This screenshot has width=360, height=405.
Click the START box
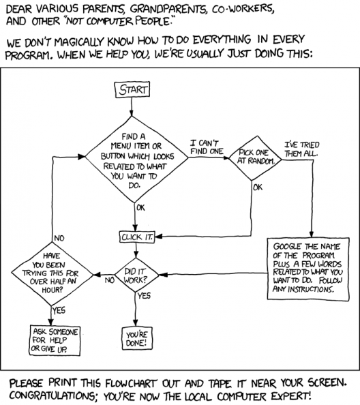[x=132, y=89]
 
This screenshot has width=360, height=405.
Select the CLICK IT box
[x=137, y=237]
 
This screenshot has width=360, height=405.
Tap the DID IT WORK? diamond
[x=136, y=275]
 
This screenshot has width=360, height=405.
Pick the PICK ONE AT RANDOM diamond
[x=256, y=158]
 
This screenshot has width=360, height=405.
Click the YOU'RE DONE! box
[x=137, y=338]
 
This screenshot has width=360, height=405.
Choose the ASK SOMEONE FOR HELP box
[x=55, y=340]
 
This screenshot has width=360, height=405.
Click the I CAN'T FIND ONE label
[x=207, y=147]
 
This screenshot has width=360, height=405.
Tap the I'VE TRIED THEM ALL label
[x=301, y=149]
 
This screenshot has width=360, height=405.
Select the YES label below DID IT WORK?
[x=144, y=296]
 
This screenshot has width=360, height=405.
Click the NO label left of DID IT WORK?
[x=110, y=280]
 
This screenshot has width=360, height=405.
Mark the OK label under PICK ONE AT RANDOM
[x=258, y=187]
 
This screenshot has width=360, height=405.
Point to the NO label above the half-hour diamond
[x=59, y=238]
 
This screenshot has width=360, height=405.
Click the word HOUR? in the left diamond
[x=52, y=290]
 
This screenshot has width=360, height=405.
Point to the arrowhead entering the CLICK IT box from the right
[x=158, y=237]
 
